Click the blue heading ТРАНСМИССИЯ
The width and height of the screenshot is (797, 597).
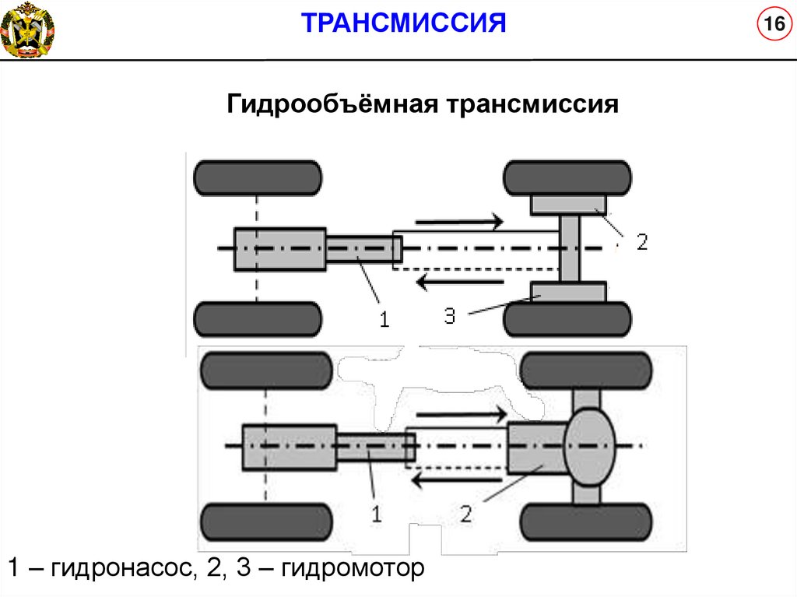coord(404,23)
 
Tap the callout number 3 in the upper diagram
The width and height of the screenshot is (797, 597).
coord(450,315)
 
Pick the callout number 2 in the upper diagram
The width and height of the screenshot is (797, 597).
coord(641,242)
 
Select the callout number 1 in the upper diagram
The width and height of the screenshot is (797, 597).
coord(383,319)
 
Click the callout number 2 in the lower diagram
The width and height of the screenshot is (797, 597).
coord(465,514)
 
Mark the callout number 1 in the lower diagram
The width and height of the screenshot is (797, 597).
coord(376,514)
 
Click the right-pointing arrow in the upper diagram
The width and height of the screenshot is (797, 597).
coord(459,223)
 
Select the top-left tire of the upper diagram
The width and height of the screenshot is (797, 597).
coord(258,177)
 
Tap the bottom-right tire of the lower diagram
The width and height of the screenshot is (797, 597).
coord(585,522)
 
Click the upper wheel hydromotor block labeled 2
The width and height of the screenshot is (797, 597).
coord(568,205)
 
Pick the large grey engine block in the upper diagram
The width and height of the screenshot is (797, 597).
coord(279,249)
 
